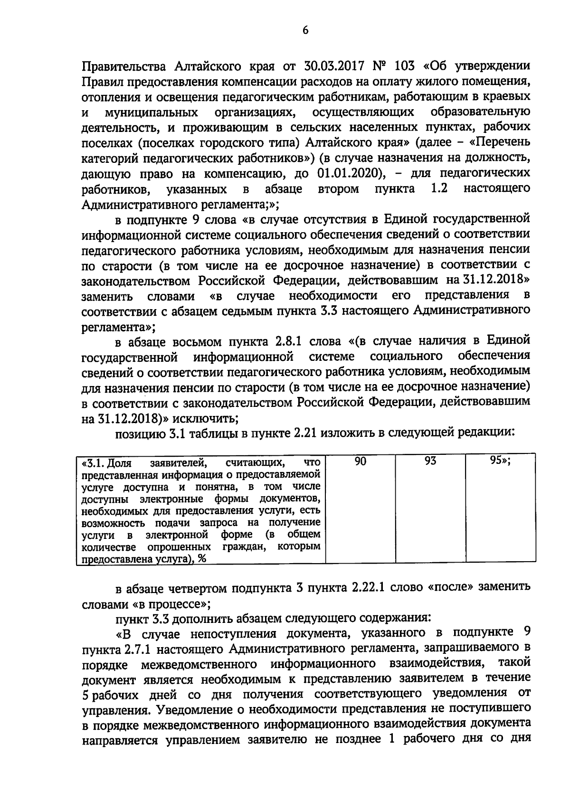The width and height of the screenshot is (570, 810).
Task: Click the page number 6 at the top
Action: tap(305, 30)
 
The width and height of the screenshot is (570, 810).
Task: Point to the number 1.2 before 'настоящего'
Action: tap(439, 188)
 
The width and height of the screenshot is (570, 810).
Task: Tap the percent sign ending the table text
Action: tap(202, 559)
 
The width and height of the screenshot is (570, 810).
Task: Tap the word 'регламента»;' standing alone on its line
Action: tap(118, 327)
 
